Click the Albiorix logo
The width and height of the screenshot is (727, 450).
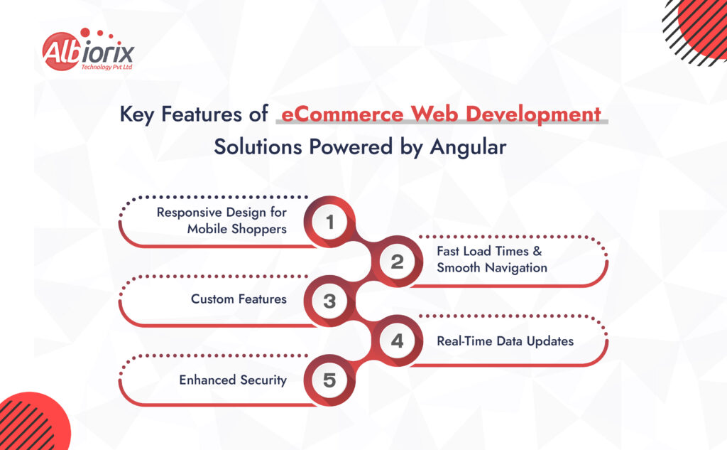tap(87, 51)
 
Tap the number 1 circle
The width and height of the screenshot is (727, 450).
tap(329, 222)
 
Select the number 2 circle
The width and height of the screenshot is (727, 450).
tap(397, 262)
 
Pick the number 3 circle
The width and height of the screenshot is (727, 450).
tap(329, 301)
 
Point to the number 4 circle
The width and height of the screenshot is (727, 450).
tap(397, 341)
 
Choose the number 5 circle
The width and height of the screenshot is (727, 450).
tap(329, 380)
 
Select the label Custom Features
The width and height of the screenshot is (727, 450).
tap(239, 299)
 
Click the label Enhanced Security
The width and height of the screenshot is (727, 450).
tap(233, 380)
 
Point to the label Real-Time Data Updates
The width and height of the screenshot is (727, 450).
tap(505, 341)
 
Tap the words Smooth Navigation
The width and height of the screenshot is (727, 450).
tap(492, 268)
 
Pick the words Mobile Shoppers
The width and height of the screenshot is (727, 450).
tap(237, 229)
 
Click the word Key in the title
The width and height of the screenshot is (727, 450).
tap(136, 114)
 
